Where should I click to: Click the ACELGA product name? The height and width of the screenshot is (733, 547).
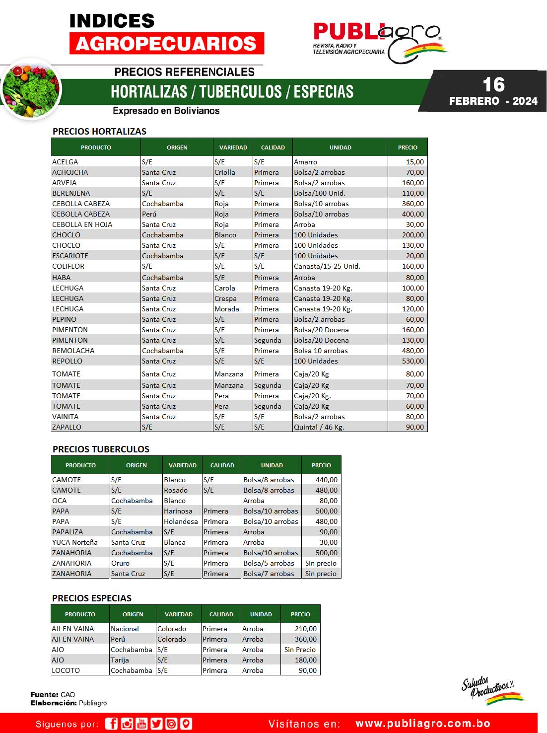coord(65,162)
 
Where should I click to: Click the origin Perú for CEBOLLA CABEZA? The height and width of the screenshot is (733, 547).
coord(149,214)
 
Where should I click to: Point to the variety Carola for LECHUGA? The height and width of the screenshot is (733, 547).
coord(225,288)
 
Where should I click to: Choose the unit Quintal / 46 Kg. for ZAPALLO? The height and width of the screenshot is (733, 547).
coord(319,427)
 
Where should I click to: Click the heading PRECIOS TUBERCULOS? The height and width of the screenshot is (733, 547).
coord(101,449)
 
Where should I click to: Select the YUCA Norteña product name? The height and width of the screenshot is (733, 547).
coord(75,542)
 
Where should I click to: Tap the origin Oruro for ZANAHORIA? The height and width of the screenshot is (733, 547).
coord(120,563)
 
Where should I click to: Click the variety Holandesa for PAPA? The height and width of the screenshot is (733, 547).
coord(181,521)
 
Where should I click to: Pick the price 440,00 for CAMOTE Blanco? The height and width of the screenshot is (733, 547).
coord(326,480)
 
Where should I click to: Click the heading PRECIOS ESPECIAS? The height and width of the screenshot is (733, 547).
coord(92,598)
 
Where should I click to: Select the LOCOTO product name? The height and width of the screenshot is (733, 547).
coord(66,670)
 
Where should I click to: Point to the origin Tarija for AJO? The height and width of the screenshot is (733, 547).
coord(120,660)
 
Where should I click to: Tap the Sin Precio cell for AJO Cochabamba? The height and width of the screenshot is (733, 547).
coord(300,650)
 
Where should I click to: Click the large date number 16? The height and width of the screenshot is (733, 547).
coord(493,84)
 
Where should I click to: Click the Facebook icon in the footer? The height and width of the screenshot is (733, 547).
coord(112,724)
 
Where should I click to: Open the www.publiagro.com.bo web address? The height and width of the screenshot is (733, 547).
coord(423,724)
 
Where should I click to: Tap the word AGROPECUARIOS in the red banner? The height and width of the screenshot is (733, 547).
coord(167,43)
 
